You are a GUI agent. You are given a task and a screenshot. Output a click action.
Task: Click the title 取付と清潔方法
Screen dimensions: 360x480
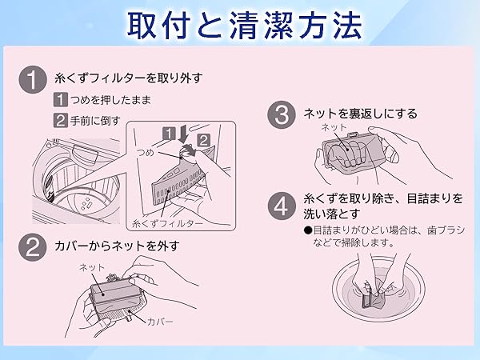[240, 24]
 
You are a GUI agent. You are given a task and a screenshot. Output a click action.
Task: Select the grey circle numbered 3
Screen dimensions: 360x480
[280, 114]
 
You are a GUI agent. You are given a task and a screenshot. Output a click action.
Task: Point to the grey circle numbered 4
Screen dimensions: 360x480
[280, 207]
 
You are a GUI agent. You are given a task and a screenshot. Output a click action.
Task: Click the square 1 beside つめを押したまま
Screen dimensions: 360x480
[60, 101]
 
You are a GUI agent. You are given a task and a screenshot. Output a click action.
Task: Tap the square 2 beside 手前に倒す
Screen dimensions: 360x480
[60, 122]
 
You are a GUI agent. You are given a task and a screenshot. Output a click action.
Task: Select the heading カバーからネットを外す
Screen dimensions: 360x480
[117, 245]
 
